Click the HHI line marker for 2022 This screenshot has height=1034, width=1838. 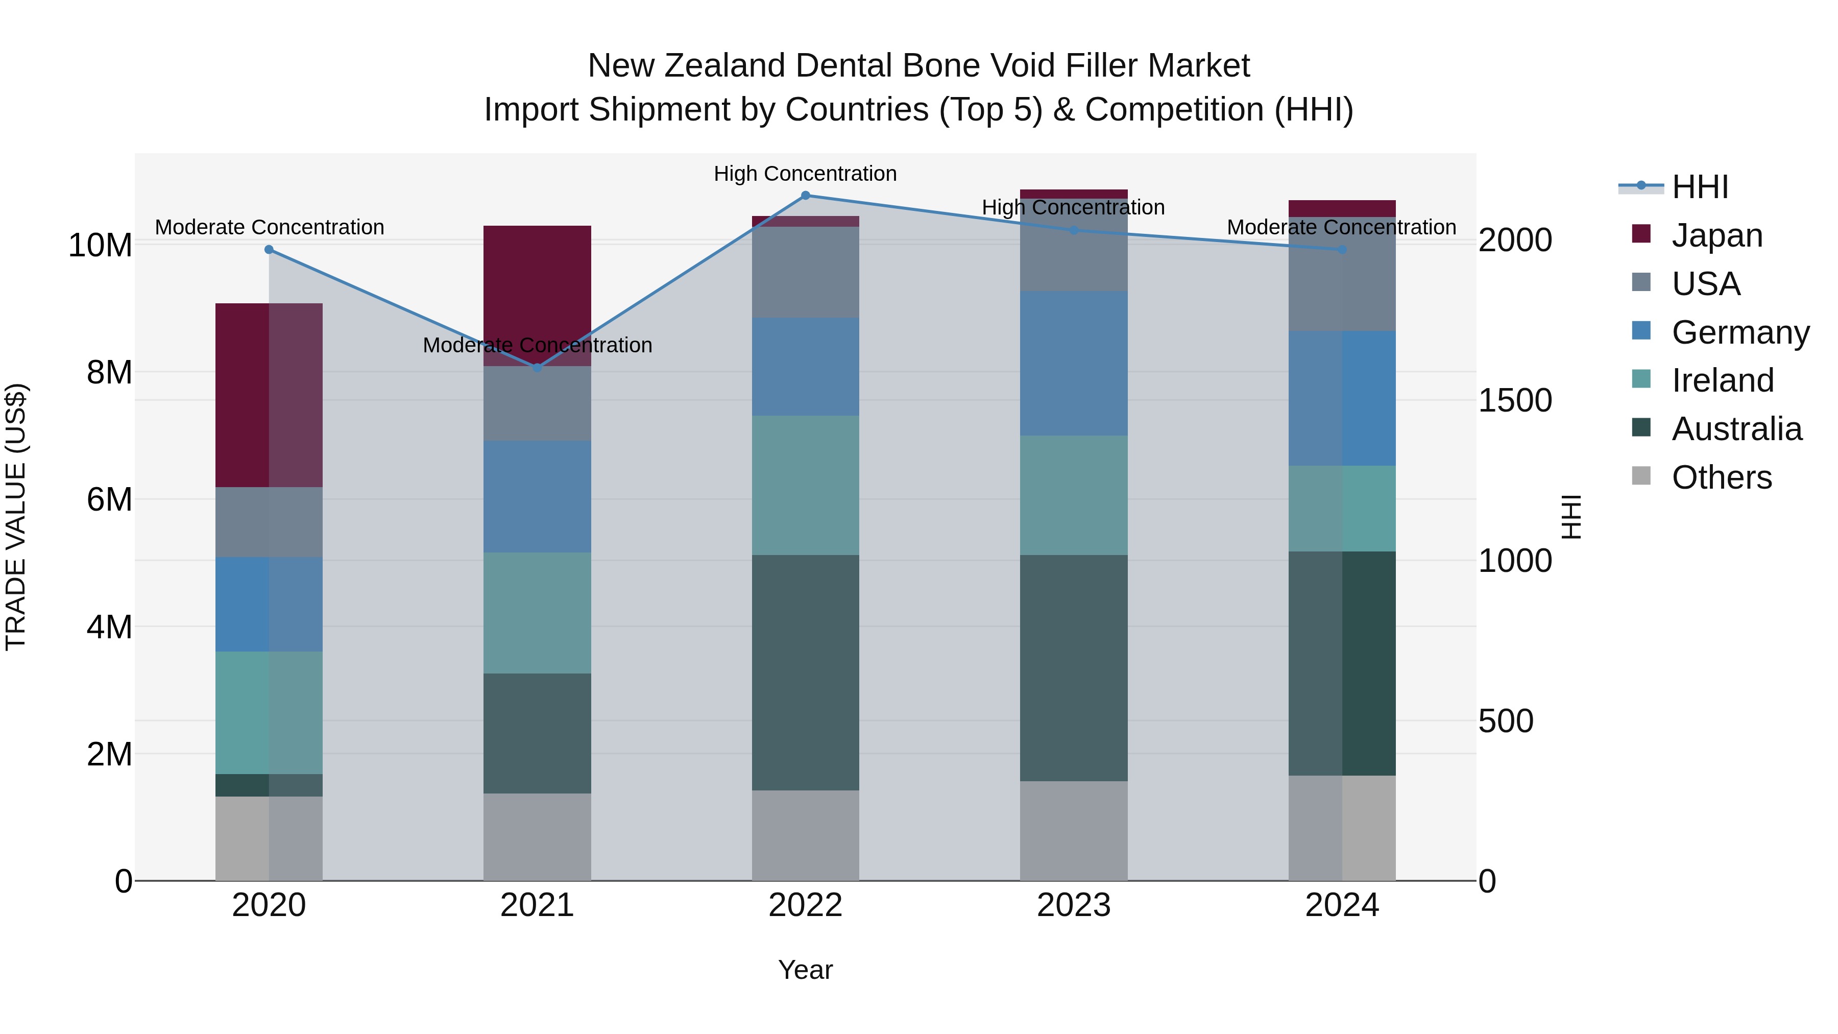pos(806,196)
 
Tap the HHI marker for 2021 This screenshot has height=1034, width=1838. pos(537,368)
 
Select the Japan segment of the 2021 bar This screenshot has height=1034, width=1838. pos(537,285)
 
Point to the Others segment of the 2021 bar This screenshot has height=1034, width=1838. pos(537,836)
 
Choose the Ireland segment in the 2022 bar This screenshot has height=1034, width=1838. pos(806,485)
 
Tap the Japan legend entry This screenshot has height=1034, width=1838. pos(1716,235)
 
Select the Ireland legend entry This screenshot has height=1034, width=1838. pos(1722,380)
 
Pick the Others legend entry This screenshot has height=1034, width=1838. pos(1721,477)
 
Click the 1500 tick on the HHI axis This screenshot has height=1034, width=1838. pos(1514,400)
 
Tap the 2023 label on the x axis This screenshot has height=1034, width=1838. pos(1074,905)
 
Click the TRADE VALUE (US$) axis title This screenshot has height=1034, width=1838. pos(16,517)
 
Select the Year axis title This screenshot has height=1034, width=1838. pos(806,970)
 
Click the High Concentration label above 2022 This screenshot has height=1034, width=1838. pos(806,174)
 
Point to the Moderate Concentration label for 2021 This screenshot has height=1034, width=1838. pos(537,345)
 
